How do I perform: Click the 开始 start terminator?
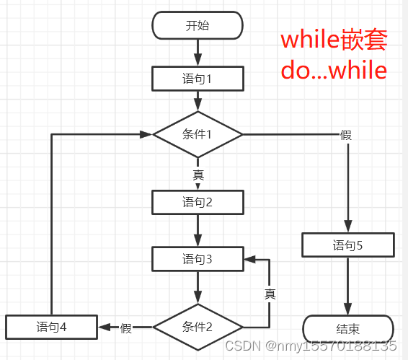click(x=198, y=26)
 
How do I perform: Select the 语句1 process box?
click(x=198, y=78)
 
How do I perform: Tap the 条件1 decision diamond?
click(x=198, y=134)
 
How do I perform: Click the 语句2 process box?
click(x=198, y=202)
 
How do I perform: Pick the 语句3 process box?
click(x=198, y=258)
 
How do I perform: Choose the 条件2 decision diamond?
click(x=198, y=327)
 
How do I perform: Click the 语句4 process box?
click(x=51, y=327)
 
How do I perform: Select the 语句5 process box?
click(x=347, y=245)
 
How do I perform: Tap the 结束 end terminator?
click(x=347, y=328)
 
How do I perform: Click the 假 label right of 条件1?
click(x=346, y=135)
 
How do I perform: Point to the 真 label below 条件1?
click(x=198, y=175)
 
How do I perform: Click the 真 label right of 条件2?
click(x=270, y=294)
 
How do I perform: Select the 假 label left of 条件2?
click(x=126, y=328)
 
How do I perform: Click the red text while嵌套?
click(x=333, y=40)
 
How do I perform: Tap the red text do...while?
click(x=333, y=70)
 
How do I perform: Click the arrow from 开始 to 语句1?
click(x=198, y=52)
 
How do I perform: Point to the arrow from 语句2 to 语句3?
click(x=198, y=230)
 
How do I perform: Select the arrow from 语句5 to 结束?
click(x=347, y=286)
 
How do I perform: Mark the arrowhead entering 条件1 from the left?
click(x=146, y=134)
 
